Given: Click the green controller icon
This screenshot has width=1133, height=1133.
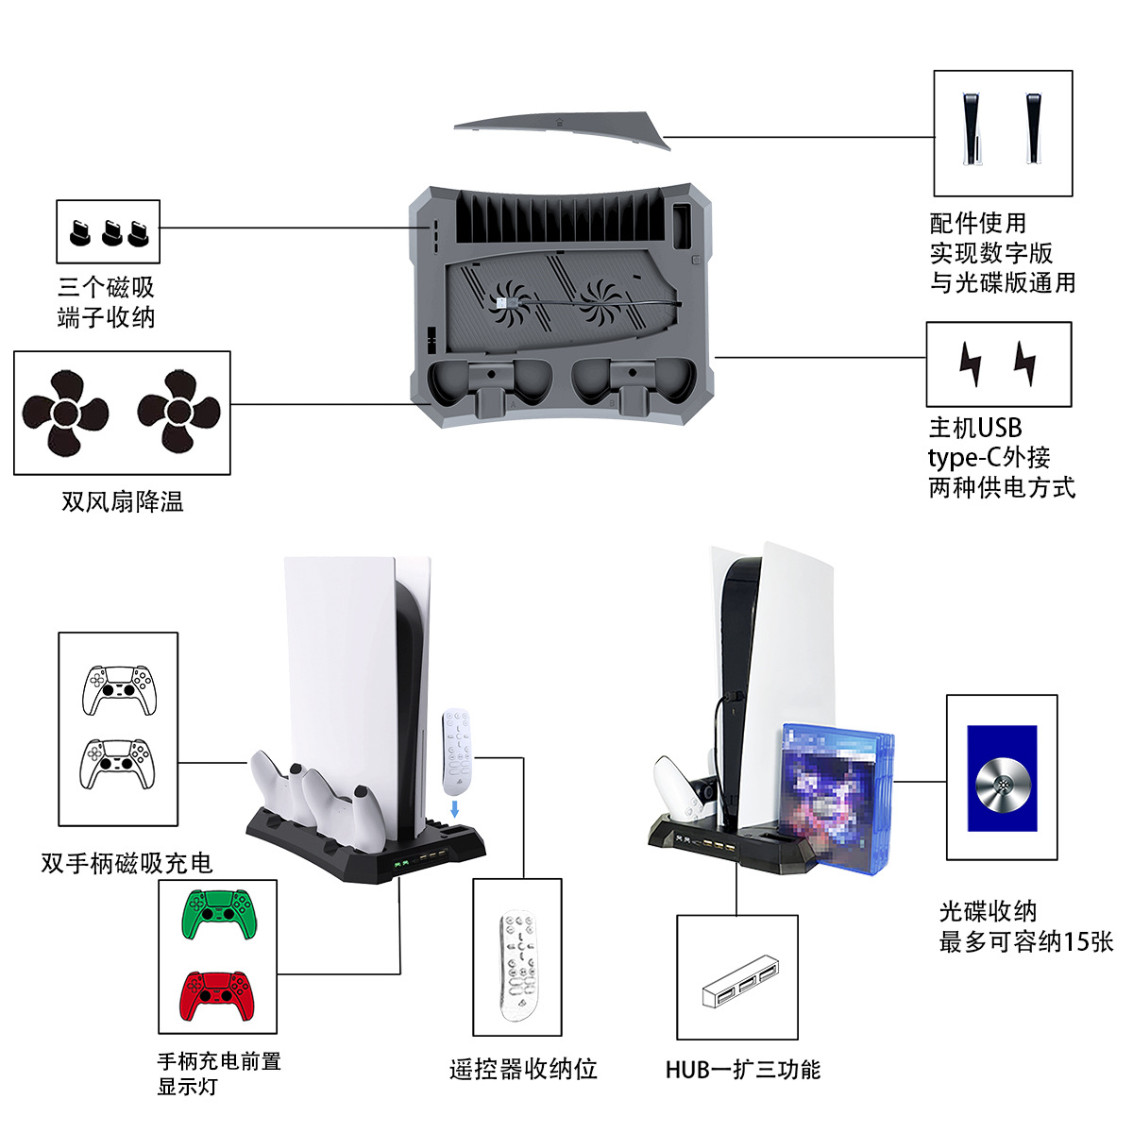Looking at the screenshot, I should pos(218,914).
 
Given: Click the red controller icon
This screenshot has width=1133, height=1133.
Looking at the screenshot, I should pos(218,995).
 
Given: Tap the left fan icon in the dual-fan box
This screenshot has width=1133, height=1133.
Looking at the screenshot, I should pos(65,413).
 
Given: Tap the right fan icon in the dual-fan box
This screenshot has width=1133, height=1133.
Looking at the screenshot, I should pos(179,411).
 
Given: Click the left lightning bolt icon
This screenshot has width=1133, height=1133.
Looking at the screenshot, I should pos(970,364).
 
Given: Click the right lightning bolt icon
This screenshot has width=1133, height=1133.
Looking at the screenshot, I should pos(1024,364).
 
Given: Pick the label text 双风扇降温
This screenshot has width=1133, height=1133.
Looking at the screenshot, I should pos(123,501).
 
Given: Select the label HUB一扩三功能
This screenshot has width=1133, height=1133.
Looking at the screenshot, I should pos(742,1069).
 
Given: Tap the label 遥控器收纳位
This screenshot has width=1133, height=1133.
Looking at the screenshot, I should pos(523,1069).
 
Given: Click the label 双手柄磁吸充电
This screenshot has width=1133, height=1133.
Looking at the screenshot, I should pos(127,863).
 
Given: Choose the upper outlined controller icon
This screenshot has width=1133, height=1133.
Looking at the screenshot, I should pos(118,690).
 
